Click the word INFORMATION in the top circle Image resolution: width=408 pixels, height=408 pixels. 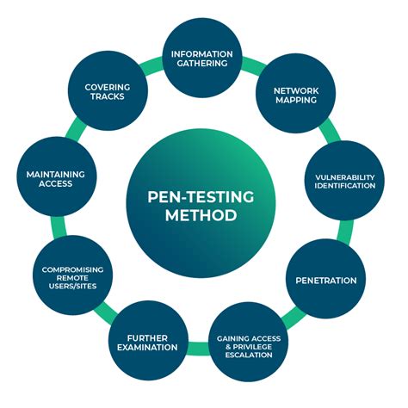pyautogui.click(x=202, y=54)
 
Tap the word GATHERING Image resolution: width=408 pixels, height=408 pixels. pyautogui.click(x=202, y=63)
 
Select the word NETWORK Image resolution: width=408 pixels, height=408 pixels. pyautogui.click(x=296, y=90)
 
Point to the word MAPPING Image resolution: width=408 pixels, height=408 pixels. pyautogui.click(x=296, y=100)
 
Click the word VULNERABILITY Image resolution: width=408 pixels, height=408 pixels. pyautogui.click(x=345, y=177)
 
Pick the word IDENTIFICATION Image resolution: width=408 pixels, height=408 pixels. pyautogui.click(x=345, y=186)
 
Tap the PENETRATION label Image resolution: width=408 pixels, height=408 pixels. pyautogui.click(x=326, y=281)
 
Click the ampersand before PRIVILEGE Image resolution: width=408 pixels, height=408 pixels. pyautogui.click(x=228, y=347)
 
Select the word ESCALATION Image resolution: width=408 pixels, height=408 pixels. pyautogui.click(x=249, y=355)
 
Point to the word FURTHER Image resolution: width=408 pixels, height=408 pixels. pyautogui.click(x=147, y=338)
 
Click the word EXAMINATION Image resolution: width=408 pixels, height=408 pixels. pyautogui.click(x=147, y=347)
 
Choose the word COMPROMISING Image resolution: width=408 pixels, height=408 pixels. pyautogui.click(x=72, y=269)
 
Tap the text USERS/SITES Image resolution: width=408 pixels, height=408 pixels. pyautogui.click(x=72, y=286)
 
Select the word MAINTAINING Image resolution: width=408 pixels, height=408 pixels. pyautogui.click(x=56, y=174)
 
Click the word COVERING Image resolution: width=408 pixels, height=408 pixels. pyautogui.click(x=108, y=87)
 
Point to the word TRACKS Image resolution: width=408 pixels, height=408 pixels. pyautogui.click(x=108, y=96)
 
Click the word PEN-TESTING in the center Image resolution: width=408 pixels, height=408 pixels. pyautogui.click(x=201, y=197)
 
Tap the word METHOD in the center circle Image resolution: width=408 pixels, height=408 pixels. pyautogui.click(x=201, y=215)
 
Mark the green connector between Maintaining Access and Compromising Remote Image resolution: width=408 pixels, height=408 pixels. pyautogui.click(x=59, y=226)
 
